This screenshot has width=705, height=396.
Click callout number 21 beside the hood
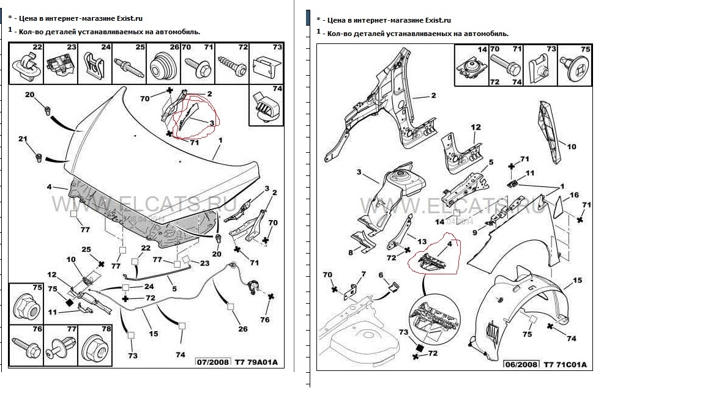tap(23, 139)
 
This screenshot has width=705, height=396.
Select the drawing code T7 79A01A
tap(257, 362)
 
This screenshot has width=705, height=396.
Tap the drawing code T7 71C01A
tap(565, 365)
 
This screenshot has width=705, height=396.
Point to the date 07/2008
tap(213, 362)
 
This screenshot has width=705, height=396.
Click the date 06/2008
tap(521, 365)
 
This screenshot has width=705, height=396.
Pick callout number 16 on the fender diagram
tap(574, 196)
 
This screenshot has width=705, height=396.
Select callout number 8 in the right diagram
tap(351, 252)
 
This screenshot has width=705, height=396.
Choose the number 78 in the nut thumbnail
tap(106, 329)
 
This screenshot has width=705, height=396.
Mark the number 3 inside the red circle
tap(212, 123)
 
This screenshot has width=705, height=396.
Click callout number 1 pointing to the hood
tap(220, 140)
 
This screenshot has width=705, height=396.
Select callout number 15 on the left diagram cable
tap(154, 334)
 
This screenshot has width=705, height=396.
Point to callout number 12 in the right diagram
tap(476, 127)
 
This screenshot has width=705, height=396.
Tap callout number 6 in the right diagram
tap(381, 275)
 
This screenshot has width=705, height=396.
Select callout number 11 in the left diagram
tap(53, 312)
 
